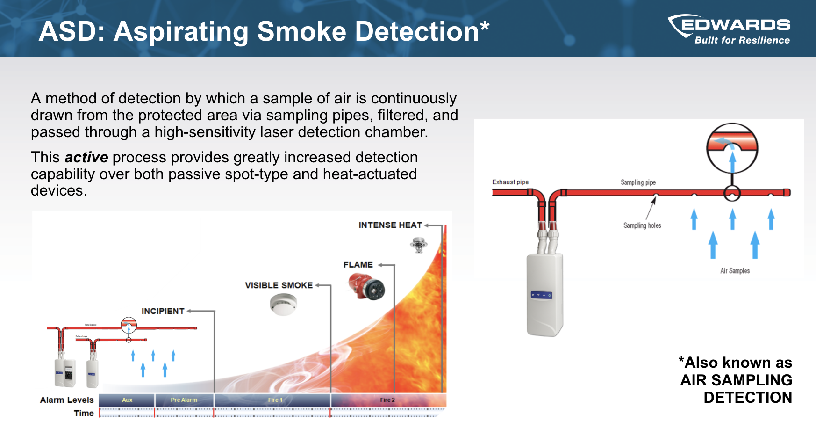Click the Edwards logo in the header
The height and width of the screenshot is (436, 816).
coord(729,29)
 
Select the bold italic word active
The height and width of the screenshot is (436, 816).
coord(86,157)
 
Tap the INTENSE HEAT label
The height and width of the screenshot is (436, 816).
coord(390,225)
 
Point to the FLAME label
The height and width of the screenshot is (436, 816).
coord(358,265)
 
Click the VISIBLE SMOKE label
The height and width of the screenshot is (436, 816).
coord(279,285)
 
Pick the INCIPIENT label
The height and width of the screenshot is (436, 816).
coord(163,311)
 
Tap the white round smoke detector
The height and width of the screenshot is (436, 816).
coord(283,304)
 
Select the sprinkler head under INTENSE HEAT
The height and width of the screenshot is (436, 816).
coord(418,244)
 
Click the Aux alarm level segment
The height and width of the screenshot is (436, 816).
coord(127,400)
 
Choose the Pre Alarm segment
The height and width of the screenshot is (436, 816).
coord(184,400)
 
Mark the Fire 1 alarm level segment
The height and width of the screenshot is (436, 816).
coord(275,400)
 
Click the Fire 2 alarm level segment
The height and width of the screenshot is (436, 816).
coord(387,400)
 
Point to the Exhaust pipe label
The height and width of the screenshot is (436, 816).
coord(510,182)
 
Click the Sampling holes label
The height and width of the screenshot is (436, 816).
coord(642,225)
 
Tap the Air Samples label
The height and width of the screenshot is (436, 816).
coord(735,271)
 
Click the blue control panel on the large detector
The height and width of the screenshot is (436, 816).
coord(541,295)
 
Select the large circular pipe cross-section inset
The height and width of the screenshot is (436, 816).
coord(732,148)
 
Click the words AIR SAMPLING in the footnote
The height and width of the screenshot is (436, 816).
coord(736,380)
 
